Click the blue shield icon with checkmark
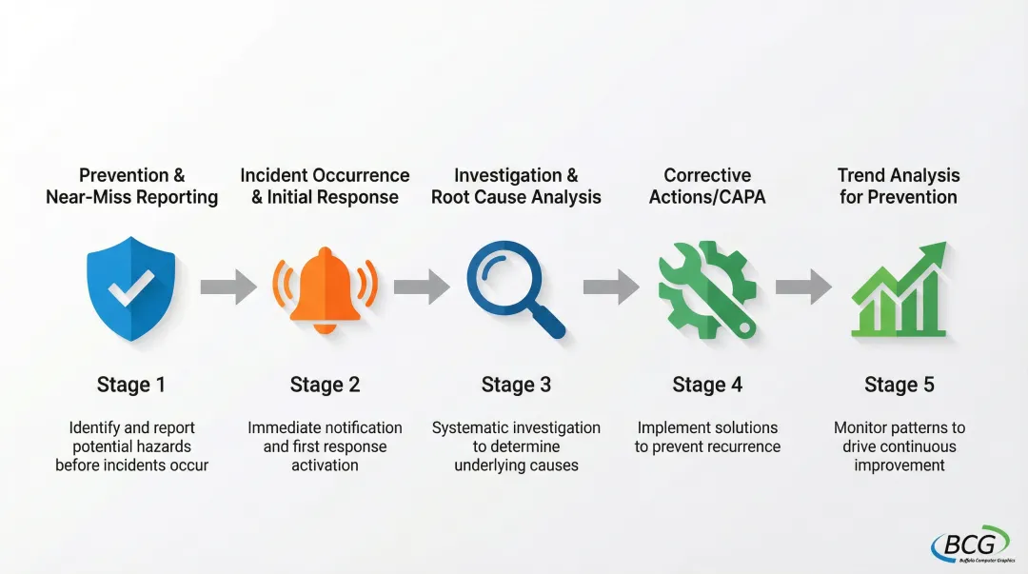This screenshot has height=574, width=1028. click(x=130, y=287)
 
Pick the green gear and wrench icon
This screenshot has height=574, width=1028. click(x=707, y=288)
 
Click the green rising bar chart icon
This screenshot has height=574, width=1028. click(x=900, y=289)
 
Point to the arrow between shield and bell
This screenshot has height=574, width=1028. click(x=228, y=287)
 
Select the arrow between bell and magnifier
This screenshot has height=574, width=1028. click(x=422, y=287)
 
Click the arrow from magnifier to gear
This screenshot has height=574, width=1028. click(x=611, y=287)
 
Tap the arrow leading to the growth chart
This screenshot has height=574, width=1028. click(x=803, y=287)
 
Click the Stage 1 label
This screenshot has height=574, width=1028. click(x=131, y=385)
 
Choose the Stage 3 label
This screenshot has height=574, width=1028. click(x=516, y=385)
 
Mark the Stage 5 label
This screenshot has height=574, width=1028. click(x=899, y=385)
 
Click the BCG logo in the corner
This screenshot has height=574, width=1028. click(x=969, y=544)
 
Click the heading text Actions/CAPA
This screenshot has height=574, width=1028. click(x=707, y=197)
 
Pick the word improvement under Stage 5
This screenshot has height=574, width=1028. click(x=899, y=465)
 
